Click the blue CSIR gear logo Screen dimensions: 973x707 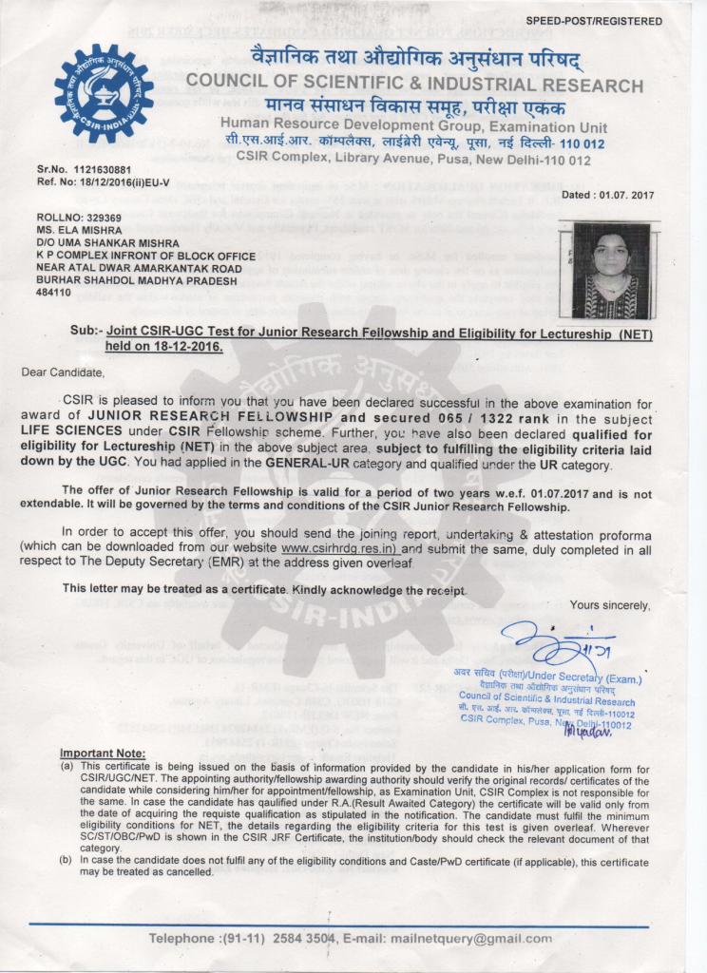(x=104, y=94)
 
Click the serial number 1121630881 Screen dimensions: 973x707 (x=102, y=171)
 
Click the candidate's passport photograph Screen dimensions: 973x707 (x=611, y=270)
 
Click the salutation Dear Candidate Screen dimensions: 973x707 (x=63, y=372)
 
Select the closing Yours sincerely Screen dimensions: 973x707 (x=610, y=605)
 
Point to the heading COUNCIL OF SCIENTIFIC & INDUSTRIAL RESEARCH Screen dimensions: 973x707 (x=414, y=86)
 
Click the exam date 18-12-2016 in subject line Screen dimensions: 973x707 (x=182, y=347)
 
